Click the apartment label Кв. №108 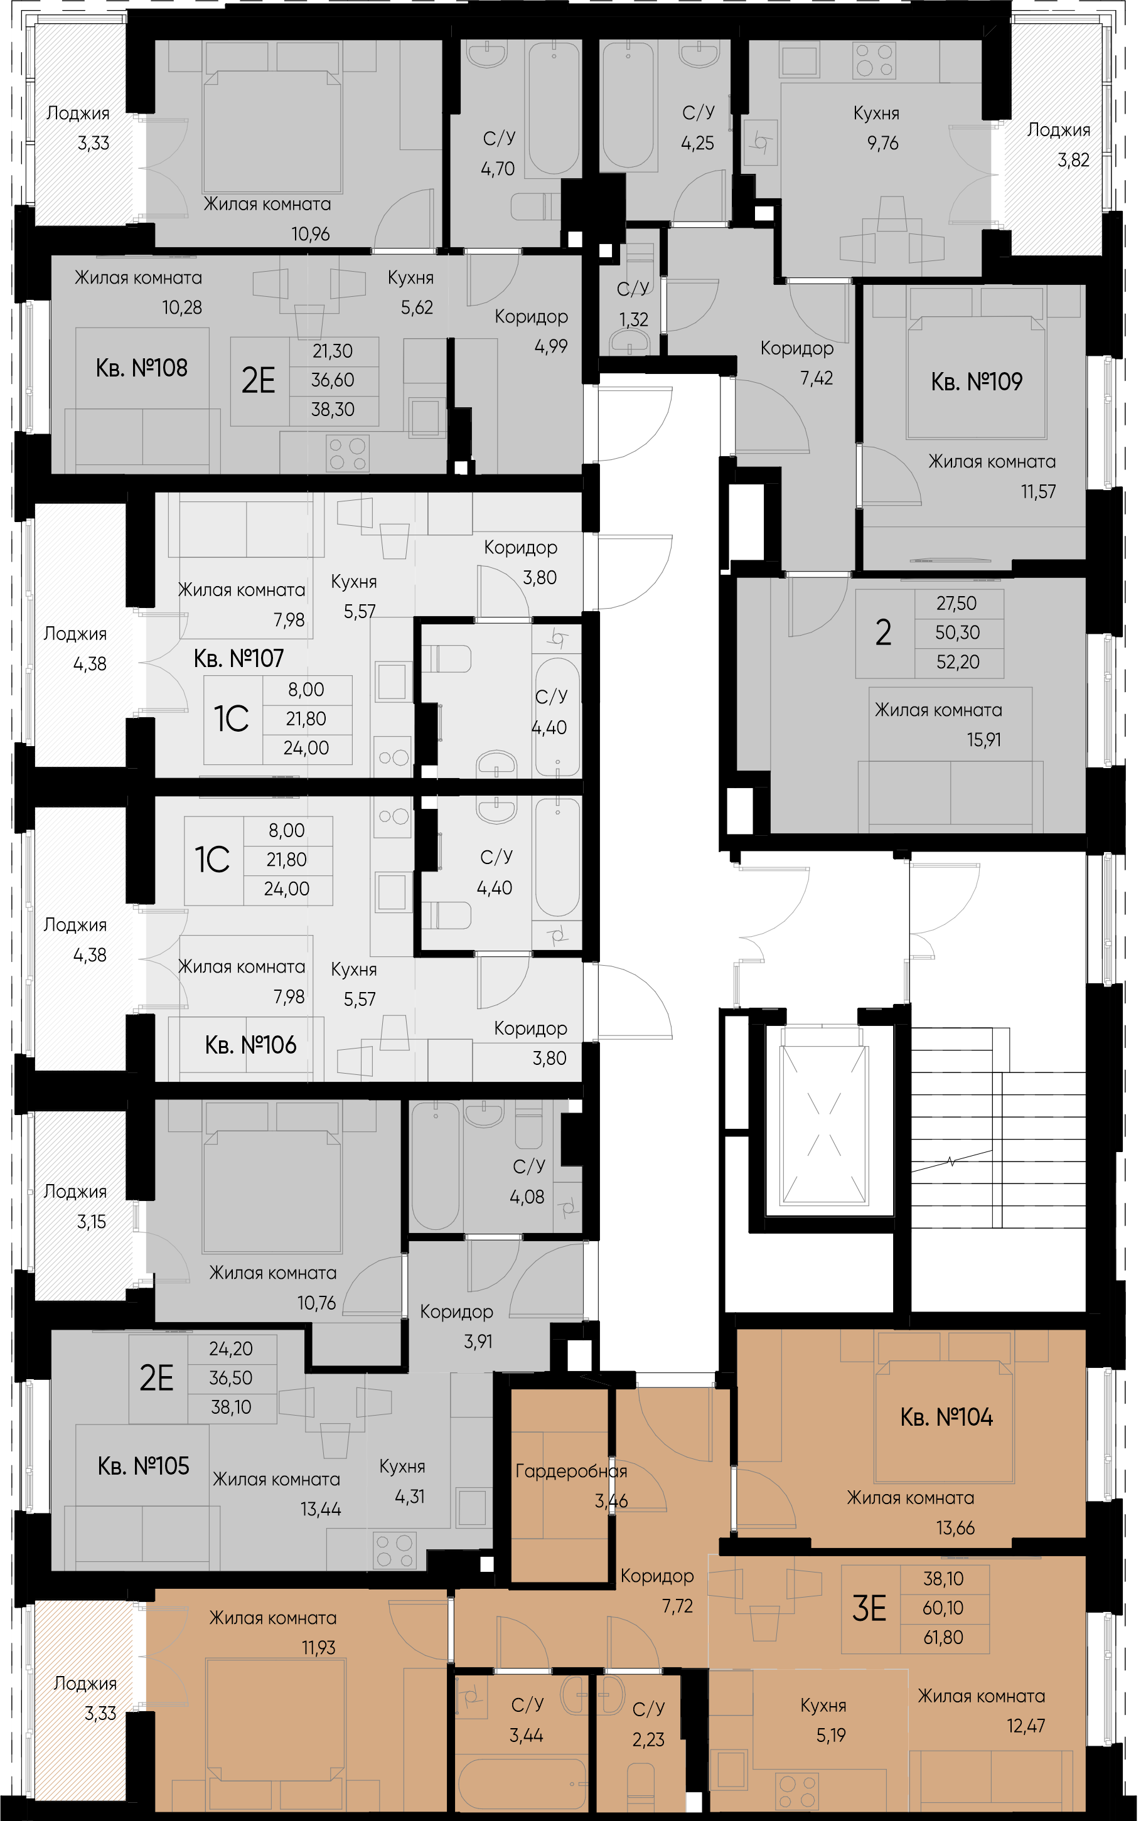(141, 368)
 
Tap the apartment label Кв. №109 (977, 382)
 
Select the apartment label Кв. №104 (946, 1418)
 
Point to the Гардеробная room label (570, 1471)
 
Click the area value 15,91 (984, 740)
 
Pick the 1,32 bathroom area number (634, 320)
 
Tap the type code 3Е (869, 1608)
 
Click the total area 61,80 (943, 1638)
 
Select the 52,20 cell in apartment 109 (958, 662)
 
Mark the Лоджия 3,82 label (1059, 145)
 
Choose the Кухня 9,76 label (877, 128)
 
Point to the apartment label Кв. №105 (143, 1466)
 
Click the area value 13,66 (955, 1529)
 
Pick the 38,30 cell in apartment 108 (333, 410)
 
